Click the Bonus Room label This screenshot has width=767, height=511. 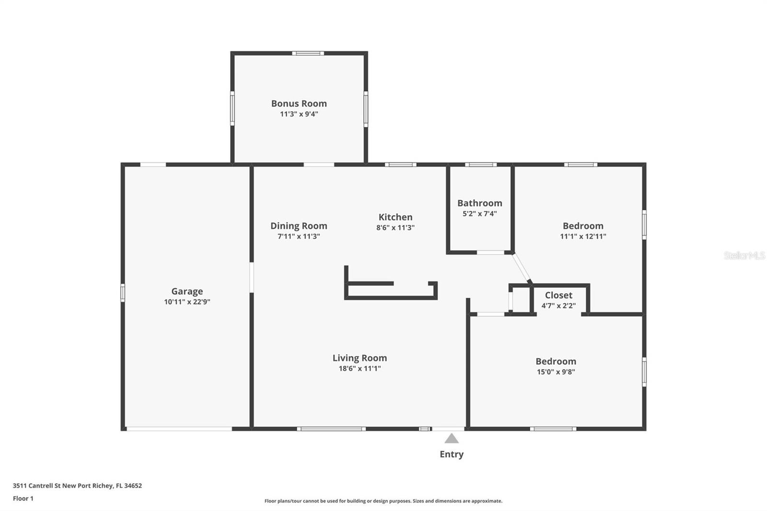(299, 104)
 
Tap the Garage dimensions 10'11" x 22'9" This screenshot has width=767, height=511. (187, 302)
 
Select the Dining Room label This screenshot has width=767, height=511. (299, 226)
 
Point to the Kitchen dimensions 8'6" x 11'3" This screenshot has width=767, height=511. (395, 227)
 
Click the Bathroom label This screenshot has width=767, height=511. (480, 203)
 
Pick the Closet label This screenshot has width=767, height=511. (558, 295)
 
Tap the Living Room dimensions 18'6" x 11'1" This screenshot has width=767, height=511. (360, 369)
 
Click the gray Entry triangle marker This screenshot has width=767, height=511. (451, 439)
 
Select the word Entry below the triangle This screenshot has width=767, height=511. (452, 454)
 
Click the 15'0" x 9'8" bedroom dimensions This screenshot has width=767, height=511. (556, 372)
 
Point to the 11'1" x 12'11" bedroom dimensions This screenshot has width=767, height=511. (583, 236)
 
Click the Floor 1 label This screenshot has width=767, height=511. (23, 499)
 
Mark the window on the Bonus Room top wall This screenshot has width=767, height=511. (308, 53)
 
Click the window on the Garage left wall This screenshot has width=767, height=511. (123, 293)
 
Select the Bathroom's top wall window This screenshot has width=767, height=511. (481, 165)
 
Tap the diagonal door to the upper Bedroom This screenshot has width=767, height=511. (522, 267)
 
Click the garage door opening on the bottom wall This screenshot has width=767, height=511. (179, 429)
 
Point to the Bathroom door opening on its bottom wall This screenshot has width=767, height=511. (491, 253)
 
